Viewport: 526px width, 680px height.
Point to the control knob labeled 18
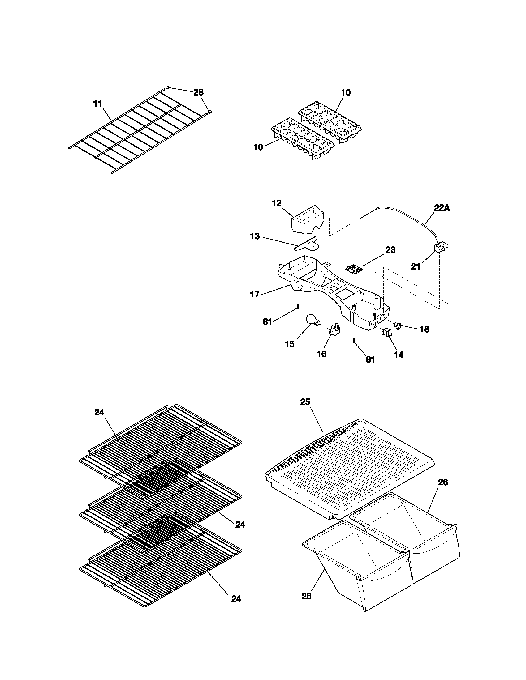[x=398, y=326]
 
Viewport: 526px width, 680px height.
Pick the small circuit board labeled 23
[x=353, y=268]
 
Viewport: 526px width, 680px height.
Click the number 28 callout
[x=199, y=92]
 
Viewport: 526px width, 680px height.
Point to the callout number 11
[x=98, y=104]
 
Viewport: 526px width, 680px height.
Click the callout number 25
[x=305, y=402]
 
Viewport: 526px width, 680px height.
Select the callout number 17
[x=255, y=294]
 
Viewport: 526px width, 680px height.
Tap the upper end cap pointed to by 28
[x=167, y=88]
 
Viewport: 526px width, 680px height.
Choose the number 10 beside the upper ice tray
[x=346, y=92]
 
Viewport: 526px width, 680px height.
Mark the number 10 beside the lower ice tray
[x=258, y=147]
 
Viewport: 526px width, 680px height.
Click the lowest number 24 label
[x=236, y=599]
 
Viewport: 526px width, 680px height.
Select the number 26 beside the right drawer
[x=443, y=482]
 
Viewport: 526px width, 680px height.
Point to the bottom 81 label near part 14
[x=370, y=359]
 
